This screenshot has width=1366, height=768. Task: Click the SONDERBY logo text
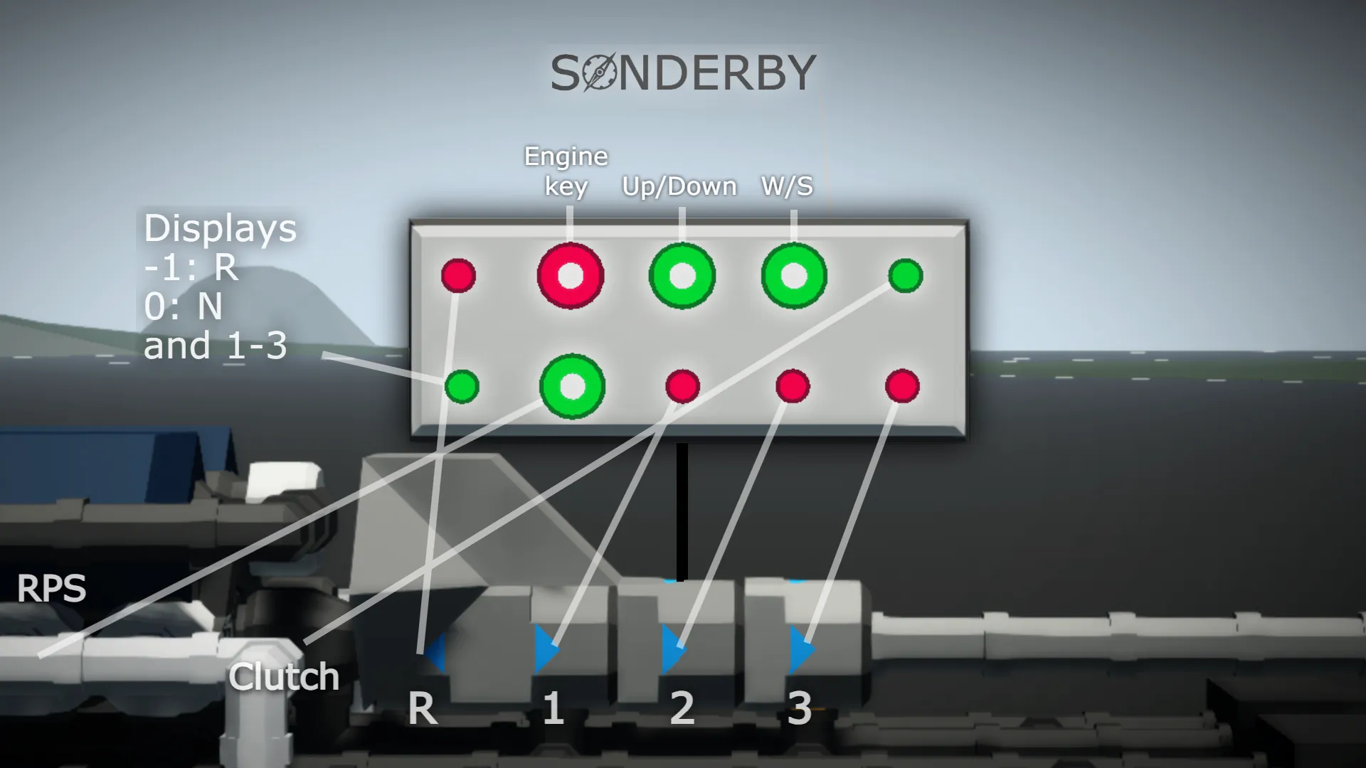click(x=683, y=73)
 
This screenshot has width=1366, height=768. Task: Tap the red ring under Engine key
click(x=571, y=276)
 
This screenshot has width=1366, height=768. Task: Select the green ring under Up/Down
click(x=682, y=276)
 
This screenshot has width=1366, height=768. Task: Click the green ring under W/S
click(x=794, y=276)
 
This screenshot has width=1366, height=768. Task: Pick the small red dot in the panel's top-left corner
click(x=458, y=276)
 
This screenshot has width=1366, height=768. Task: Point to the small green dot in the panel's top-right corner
click(x=906, y=276)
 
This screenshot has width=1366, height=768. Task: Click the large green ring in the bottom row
click(x=572, y=387)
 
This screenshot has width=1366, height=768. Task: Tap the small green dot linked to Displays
click(x=462, y=387)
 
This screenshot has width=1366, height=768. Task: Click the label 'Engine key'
click(x=566, y=171)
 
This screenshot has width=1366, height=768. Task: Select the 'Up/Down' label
click(x=679, y=186)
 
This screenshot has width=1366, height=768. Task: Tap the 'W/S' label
click(x=787, y=186)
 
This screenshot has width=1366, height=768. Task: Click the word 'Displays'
click(x=220, y=229)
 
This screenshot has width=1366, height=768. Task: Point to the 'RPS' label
click(x=51, y=589)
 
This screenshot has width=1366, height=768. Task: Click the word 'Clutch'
click(x=283, y=676)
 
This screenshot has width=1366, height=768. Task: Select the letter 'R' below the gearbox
click(x=422, y=709)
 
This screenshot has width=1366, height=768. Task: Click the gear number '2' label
click(x=682, y=708)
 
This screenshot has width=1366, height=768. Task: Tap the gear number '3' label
click(x=800, y=708)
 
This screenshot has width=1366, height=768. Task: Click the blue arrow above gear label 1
click(x=546, y=649)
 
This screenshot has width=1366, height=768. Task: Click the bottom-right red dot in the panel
click(x=902, y=387)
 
